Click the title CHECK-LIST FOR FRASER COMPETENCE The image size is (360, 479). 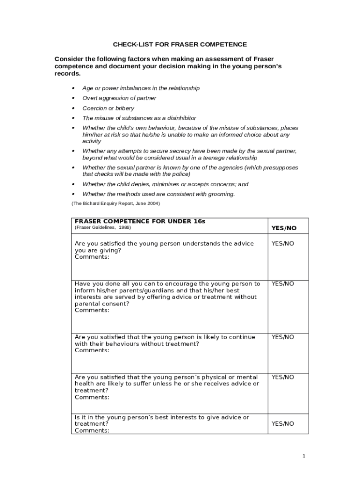180,44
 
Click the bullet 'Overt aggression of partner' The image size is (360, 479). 119,98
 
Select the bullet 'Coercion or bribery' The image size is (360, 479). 108,108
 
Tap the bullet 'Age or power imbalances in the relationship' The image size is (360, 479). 141,88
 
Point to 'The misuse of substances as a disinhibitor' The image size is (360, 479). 139,118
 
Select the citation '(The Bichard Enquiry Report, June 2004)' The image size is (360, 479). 115,204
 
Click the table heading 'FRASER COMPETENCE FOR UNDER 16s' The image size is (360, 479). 140,221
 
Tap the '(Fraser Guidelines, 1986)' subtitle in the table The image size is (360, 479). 103,227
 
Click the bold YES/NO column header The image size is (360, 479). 284,228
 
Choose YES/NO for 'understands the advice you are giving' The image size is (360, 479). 283,244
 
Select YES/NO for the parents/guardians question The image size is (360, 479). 283,283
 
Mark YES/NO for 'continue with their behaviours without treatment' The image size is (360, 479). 283,337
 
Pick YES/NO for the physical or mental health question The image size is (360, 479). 283,377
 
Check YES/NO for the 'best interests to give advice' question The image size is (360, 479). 283,424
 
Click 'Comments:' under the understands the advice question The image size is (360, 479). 92,257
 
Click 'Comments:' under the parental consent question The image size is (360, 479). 92,310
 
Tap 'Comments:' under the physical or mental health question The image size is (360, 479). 92,397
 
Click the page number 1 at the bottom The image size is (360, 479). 303,456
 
